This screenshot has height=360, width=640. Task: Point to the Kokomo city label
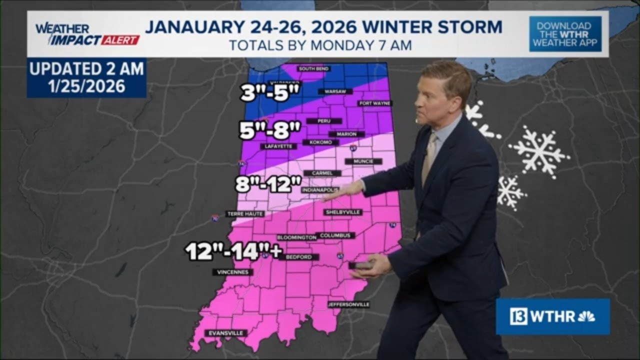tap(320, 142)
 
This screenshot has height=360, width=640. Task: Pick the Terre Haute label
tap(245, 213)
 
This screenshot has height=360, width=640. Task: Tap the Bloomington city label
tap(296, 237)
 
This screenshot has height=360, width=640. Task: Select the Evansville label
tap(226, 333)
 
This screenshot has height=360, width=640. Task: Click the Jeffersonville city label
tap(348, 304)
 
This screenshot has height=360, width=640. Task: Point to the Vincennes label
tap(232, 272)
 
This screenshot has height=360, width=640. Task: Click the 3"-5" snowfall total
tap(270, 93)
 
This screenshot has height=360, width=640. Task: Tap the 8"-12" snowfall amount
tap(268, 185)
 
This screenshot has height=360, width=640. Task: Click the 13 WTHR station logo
tap(552, 316)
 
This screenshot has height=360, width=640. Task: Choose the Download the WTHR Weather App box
tap(565, 34)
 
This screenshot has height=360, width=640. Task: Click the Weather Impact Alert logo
tap(86, 34)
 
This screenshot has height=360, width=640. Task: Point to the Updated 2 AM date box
tap(86, 77)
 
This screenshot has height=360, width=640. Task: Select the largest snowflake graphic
tap(539, 151)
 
